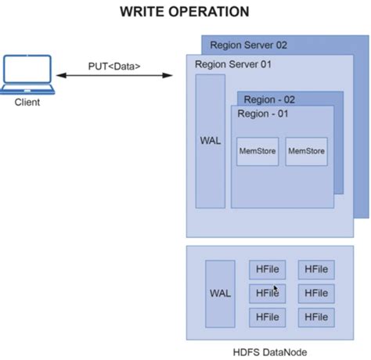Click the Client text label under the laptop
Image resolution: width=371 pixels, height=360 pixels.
point(27,102)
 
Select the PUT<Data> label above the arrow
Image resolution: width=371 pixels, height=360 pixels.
point(115,66)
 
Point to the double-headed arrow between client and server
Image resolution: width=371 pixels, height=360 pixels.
point(115,76)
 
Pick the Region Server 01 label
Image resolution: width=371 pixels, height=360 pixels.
point(233,63)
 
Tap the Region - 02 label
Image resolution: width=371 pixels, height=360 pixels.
point(270,99)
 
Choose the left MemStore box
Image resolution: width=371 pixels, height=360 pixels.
point(257,151)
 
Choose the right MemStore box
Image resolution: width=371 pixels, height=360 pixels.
point(305,151)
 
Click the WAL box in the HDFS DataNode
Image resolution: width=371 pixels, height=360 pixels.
point(220,293)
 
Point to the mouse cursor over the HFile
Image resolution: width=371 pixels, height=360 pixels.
point(276,289)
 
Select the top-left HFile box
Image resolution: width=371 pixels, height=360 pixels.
point(267,270)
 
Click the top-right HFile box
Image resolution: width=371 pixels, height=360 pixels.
point(316,270)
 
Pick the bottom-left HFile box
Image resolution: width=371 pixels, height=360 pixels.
point(267,317)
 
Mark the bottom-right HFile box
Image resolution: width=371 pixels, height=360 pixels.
point(316,317)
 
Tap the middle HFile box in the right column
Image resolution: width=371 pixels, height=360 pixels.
point(316,293)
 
